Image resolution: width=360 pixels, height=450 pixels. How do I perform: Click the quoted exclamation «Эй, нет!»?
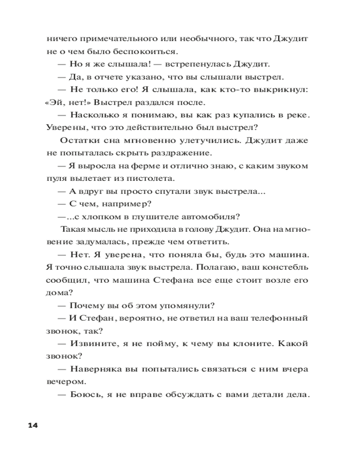coord(63,102)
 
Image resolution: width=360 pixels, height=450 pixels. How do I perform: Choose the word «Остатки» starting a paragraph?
coord(75,140)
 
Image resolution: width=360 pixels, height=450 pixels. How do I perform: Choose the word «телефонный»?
coord(283,318)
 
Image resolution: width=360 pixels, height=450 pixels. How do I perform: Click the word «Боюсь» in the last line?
coord(84,395)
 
